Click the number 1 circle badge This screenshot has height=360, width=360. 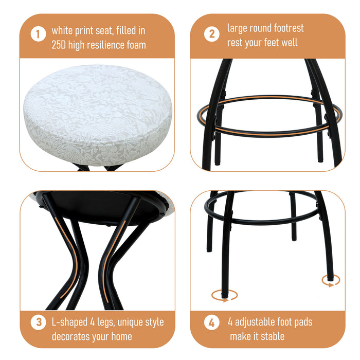coord(38,35)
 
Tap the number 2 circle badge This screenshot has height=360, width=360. coord(211,34)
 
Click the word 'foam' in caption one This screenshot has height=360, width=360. coord(134,45)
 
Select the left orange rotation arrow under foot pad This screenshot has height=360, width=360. coord(225,295)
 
